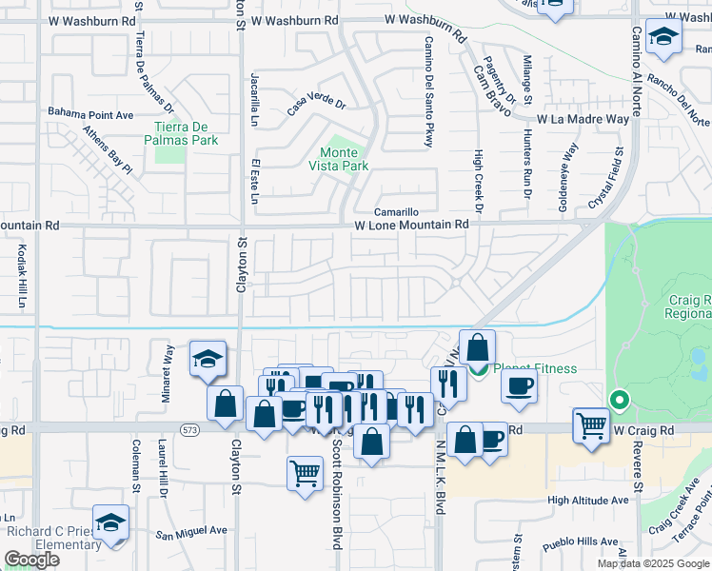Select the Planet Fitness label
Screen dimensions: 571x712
coord(535,368)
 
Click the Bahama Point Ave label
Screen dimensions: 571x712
coord(92,115)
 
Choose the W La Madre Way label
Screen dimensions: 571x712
coord(583,119)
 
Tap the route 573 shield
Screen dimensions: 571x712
coord(191,430)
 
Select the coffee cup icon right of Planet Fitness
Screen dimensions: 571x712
coord(519,385)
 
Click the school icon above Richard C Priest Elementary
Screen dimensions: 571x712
coord(111,522)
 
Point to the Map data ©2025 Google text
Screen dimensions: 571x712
coord(654,563)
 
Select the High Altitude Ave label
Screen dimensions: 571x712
coord(588,500)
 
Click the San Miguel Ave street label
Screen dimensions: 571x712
coord(192,531)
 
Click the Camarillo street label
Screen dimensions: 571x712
coord(396,212)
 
